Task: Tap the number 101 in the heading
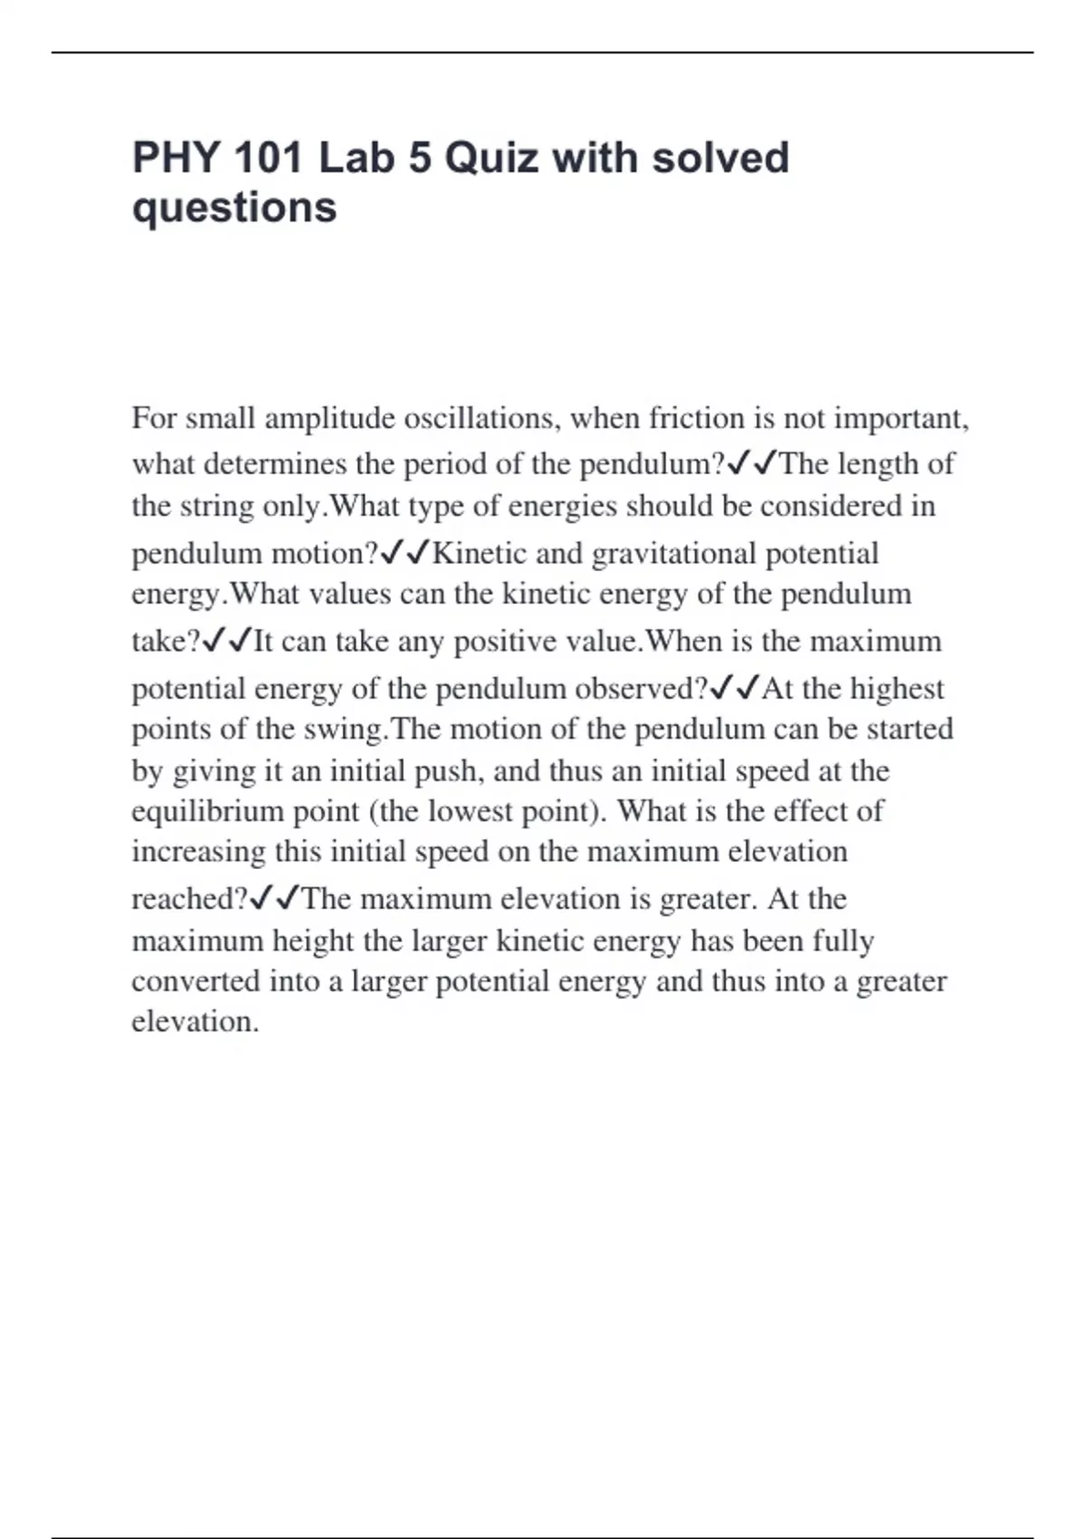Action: click(268, 158)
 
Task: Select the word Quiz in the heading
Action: click(492, 158)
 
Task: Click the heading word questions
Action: click(234, 208)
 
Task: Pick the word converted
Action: click(195, 981)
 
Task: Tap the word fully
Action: click(843, 941)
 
